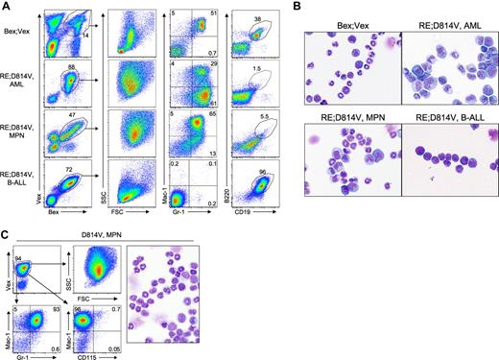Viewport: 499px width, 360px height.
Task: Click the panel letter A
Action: coord(6,7)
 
